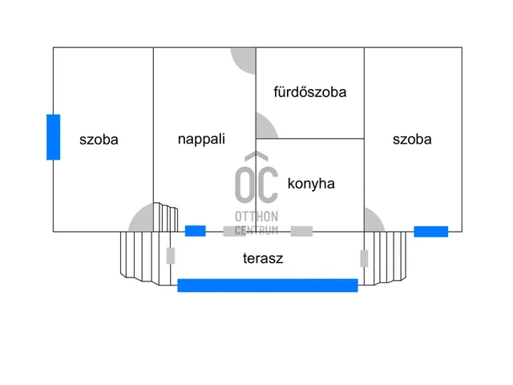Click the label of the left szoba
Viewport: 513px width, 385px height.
point(99,140)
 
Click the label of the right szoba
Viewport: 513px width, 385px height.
point(412,139)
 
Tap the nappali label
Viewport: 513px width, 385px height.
point(201,139)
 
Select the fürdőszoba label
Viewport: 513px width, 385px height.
point(309,92)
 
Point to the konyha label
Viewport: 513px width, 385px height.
point(310,183)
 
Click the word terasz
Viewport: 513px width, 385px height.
point(263,258)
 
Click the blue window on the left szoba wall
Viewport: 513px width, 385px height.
point(53,137)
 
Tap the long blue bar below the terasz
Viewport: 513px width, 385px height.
point(267,285)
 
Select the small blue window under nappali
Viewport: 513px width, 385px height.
point(195,231)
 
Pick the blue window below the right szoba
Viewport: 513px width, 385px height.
point(430,232)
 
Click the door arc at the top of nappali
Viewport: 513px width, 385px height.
point(244,59)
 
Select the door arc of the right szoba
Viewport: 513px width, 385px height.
point(373,221)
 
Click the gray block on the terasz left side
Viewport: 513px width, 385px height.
point(171,256)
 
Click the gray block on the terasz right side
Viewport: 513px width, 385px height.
point(364,258)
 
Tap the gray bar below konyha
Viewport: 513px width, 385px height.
point(301,231)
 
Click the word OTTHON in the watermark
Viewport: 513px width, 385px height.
point(256,217)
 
